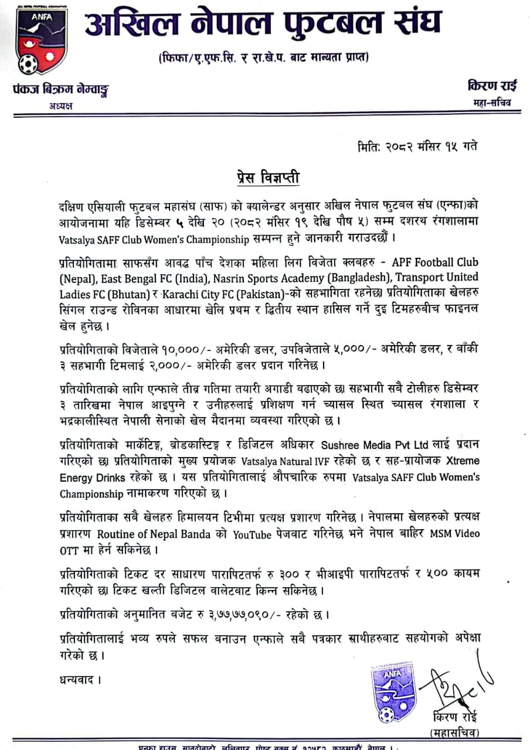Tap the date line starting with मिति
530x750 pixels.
point(417,146)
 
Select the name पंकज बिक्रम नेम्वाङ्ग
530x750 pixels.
point(61,90)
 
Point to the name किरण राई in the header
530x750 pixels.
point(492,86)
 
